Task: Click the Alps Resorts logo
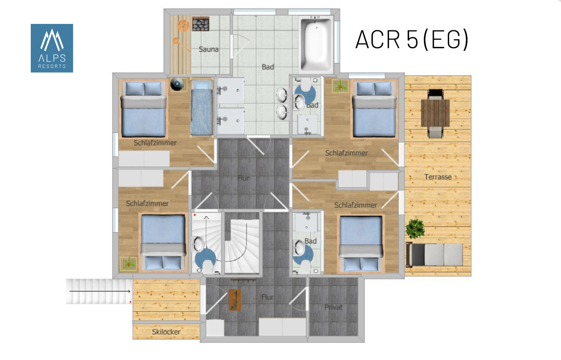52,48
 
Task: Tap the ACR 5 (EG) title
412,39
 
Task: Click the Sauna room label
208,49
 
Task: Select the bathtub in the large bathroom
316,44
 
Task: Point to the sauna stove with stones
200,24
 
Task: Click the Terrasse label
438,177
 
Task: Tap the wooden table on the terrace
435,113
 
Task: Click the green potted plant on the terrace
415,228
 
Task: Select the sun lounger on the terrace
434,254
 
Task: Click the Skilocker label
166,332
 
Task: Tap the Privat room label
333,307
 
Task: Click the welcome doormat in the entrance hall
235,300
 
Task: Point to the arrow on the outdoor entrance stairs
100,291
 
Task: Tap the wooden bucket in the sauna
184,26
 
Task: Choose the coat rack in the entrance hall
243,280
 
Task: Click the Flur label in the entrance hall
267,297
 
